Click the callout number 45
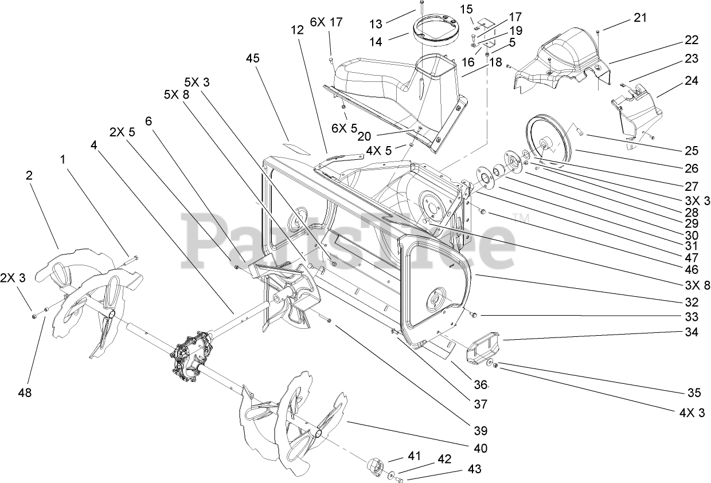pyautogui.click(x=253, y=58)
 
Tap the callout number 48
pyautogui.click(x=25, y=393)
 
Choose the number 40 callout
pyautogui.click(x=480, y=448)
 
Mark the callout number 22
pyautogui.click(x=692, y=40)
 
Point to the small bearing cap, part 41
pyautogui.click(x=373, y=462)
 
